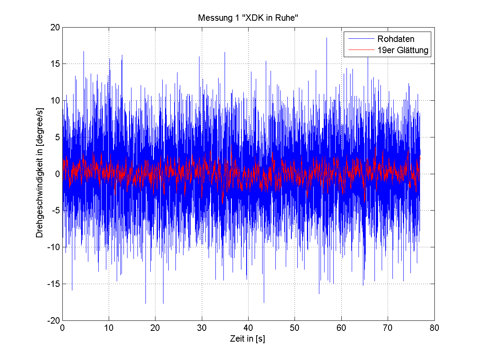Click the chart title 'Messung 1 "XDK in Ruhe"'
click(248, 18)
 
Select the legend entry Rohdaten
click(396, 39)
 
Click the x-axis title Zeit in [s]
click(248, 339)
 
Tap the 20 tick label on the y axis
click(55, 27)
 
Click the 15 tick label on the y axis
click(55, 64)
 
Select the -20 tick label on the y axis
click(53, 321)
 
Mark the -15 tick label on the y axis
click(53, 284)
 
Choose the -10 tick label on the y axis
click(53, 247)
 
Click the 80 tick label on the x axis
click(434, 328)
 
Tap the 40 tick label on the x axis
click(248, 328)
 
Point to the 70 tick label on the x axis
click(388, 328)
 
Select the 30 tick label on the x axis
click(202, 328)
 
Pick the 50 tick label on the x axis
click(295, 328)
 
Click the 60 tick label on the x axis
click(341, 328)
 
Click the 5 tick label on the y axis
click(57, 137)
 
